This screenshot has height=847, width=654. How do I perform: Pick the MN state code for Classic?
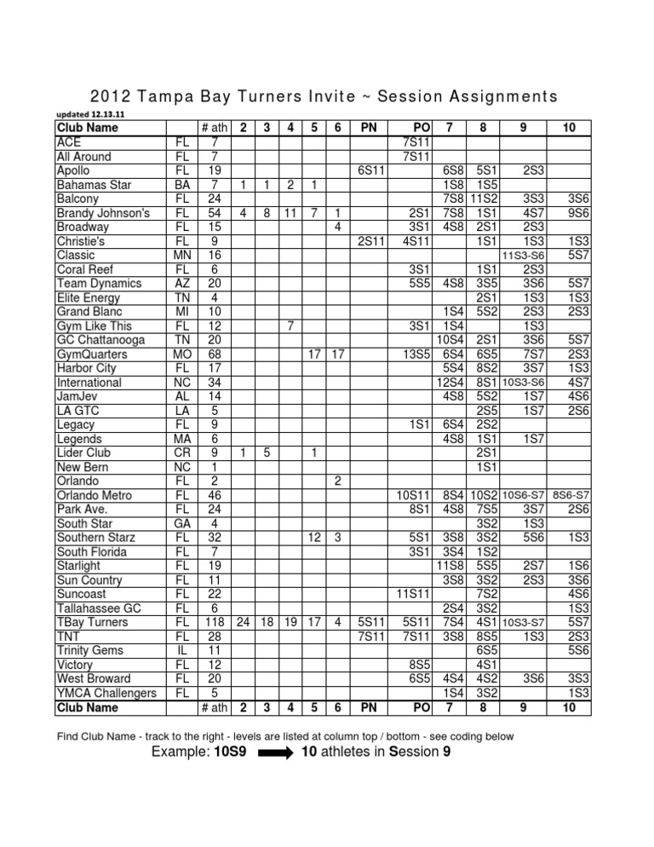click(181, 254)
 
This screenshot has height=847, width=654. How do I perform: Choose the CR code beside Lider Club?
click(181, 452)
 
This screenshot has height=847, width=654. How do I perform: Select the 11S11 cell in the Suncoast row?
click(410, 593)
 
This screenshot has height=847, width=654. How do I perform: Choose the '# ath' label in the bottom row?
click(217, 706)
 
